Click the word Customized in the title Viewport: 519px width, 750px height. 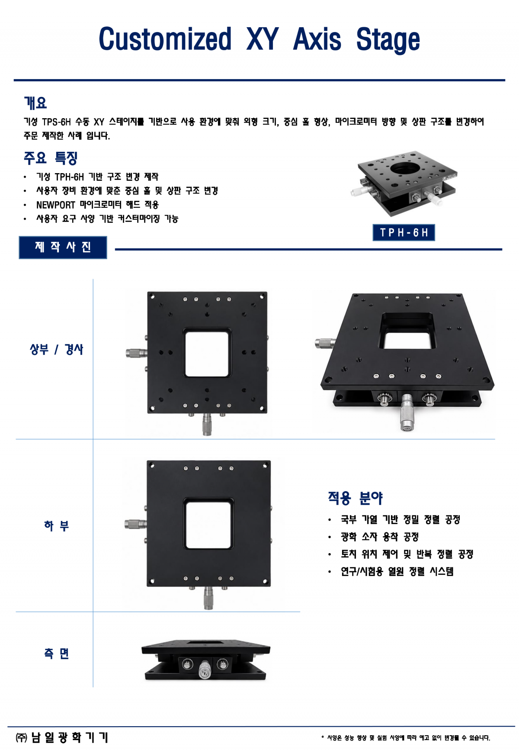[x=165, y=39]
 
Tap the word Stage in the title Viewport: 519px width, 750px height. [x=388, y=40]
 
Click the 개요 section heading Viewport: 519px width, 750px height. [x=35, y=103]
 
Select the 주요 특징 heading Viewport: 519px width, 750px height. [x=51, y=158]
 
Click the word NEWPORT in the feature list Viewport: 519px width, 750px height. [x=56, y=205]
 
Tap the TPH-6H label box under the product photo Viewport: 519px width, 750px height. [x=404, y=232]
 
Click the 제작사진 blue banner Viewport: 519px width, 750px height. [x=63, y=247]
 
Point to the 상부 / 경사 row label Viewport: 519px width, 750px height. [x=56, y=349]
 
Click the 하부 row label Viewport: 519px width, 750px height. [x=56, y=525]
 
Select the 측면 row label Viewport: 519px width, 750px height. [x=56, y=653]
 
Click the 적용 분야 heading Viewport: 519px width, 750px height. [x=355, y=498]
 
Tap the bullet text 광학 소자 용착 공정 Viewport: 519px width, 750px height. [x=380, y=537]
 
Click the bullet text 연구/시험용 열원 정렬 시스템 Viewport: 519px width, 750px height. [x=397, y=571]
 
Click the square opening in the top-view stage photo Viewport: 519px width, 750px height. [x=207, y=353]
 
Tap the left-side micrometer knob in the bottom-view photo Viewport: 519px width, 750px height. [x=135, y=524]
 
